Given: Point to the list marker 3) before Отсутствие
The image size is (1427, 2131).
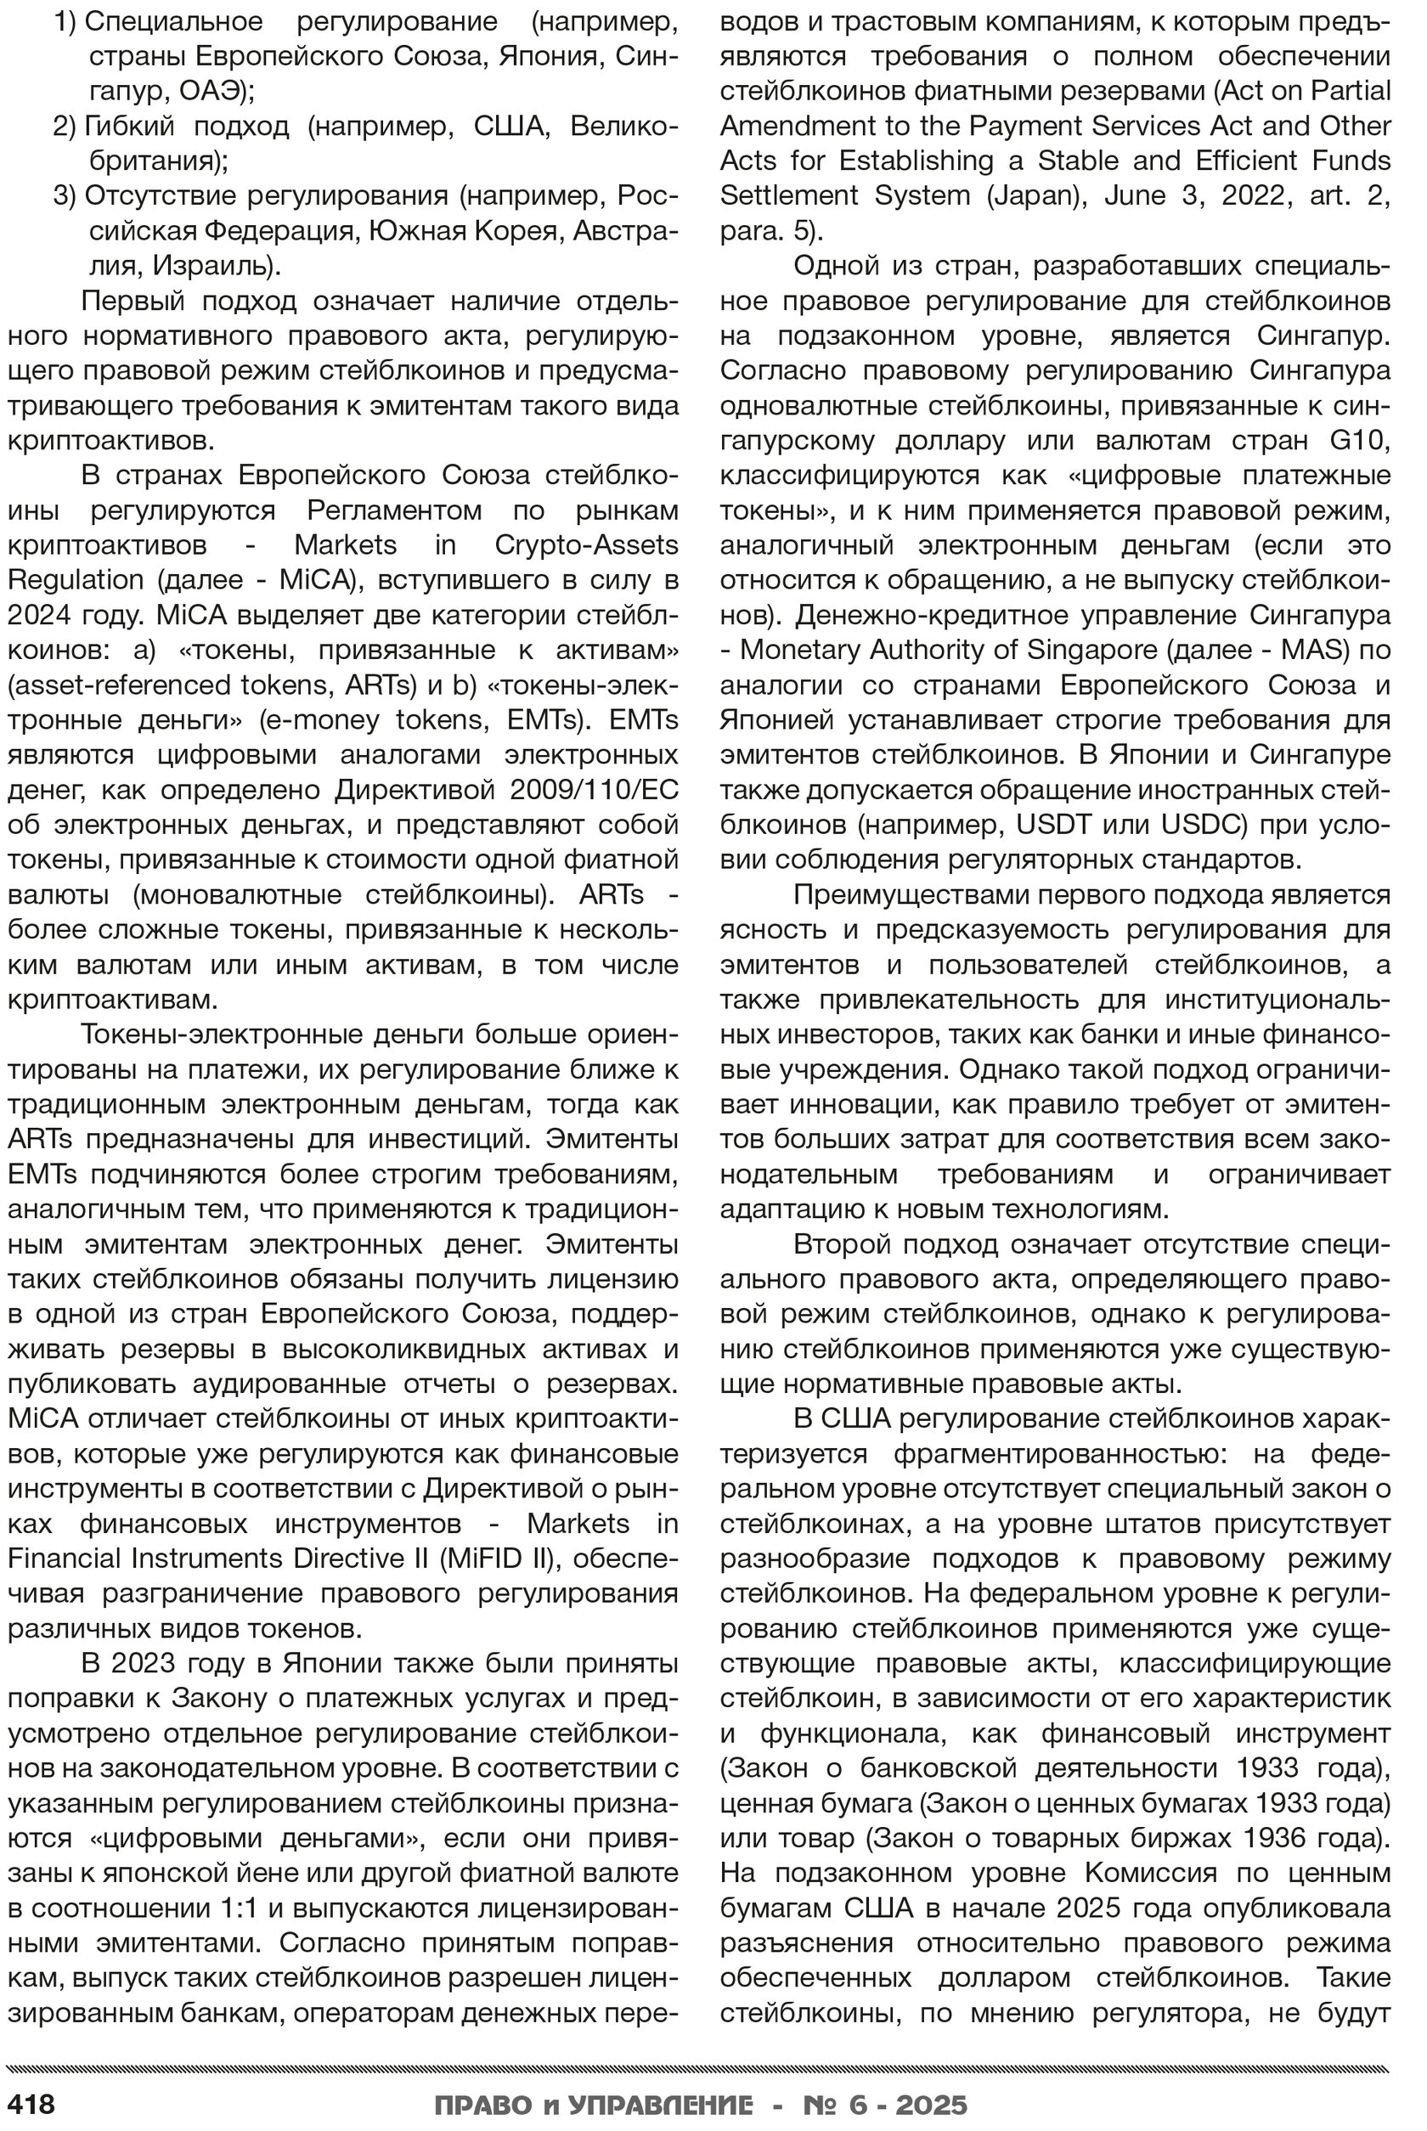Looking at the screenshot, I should (x=65, y=195).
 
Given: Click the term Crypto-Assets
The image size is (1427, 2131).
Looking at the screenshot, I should (x=586, y=545).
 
